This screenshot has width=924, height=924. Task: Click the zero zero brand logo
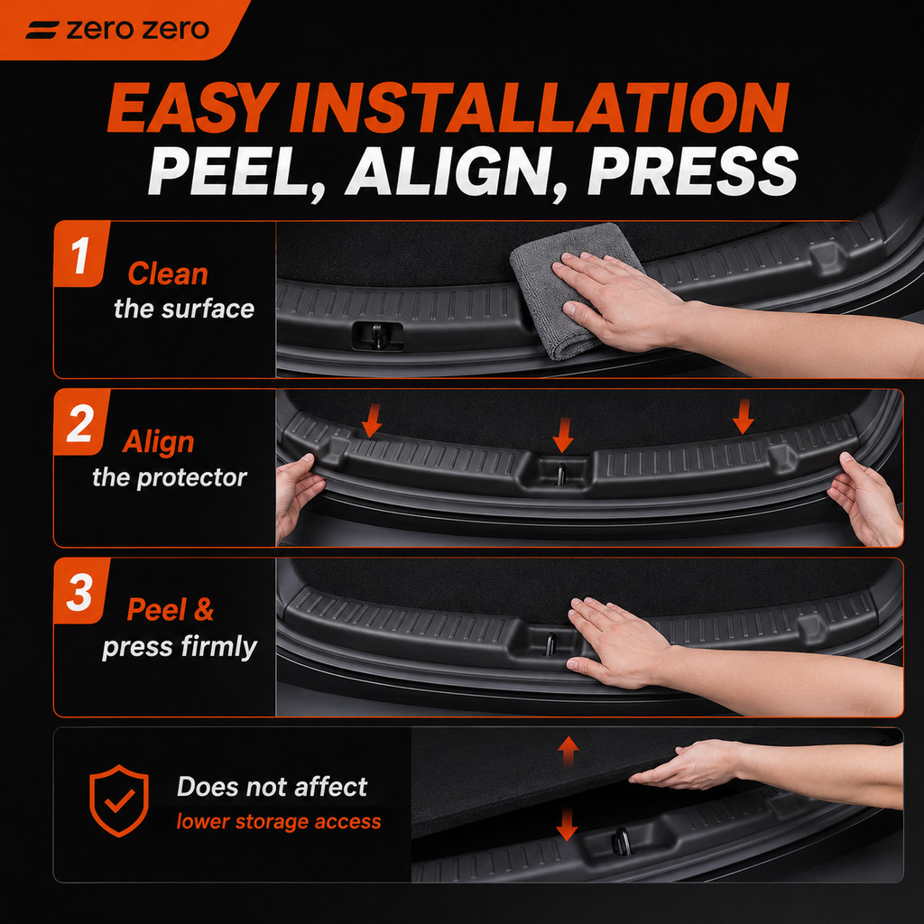pyautogui.click(x=117, y=30)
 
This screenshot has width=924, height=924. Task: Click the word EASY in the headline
pyautogui.click(x=193, y=107)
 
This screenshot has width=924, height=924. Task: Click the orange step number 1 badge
pyautogui.click(x=80, y=254)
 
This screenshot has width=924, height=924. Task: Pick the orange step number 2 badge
pyautogui.click(x=80, y=422)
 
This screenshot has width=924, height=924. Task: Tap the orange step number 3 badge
pyautogui.click(x=80, y=591)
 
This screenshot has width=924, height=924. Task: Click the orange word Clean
pyautogui.click(x=168, y=274)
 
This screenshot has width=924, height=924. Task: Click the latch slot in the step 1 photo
pyautogui.click(x=378, y=336)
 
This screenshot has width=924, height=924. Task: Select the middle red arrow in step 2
pyautogui.click(x=563, y=435)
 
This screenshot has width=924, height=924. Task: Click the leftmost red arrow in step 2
pyautogui.click(x=371, y=420)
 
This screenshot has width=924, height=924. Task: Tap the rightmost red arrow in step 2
pyautogui.click(x=744, y=416)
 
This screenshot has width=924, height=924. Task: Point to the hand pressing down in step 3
pyautogui.click(x=619, y=642)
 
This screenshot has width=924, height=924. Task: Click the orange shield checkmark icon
pyautogui.click(x=119, y=800)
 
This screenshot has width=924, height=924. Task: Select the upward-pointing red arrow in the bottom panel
pyautogui.click(x=568, y=752)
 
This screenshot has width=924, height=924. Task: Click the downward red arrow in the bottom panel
pyautogui.click(x=567, y=824)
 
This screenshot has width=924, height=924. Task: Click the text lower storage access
pyautogui.click(x=279, y=821)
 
